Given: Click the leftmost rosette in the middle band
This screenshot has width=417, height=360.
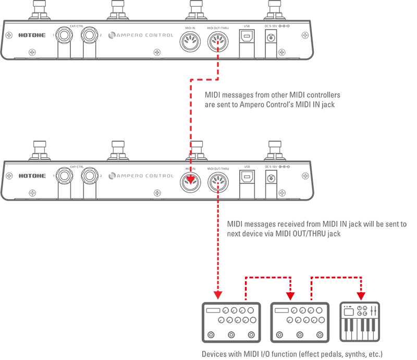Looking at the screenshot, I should pos(65,173).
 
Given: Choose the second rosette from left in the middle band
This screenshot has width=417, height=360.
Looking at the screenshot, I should pos(90,173).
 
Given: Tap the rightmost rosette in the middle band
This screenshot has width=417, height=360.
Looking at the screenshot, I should pos(218,180).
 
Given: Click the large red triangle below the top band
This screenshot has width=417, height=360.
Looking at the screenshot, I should pos(172,104).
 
